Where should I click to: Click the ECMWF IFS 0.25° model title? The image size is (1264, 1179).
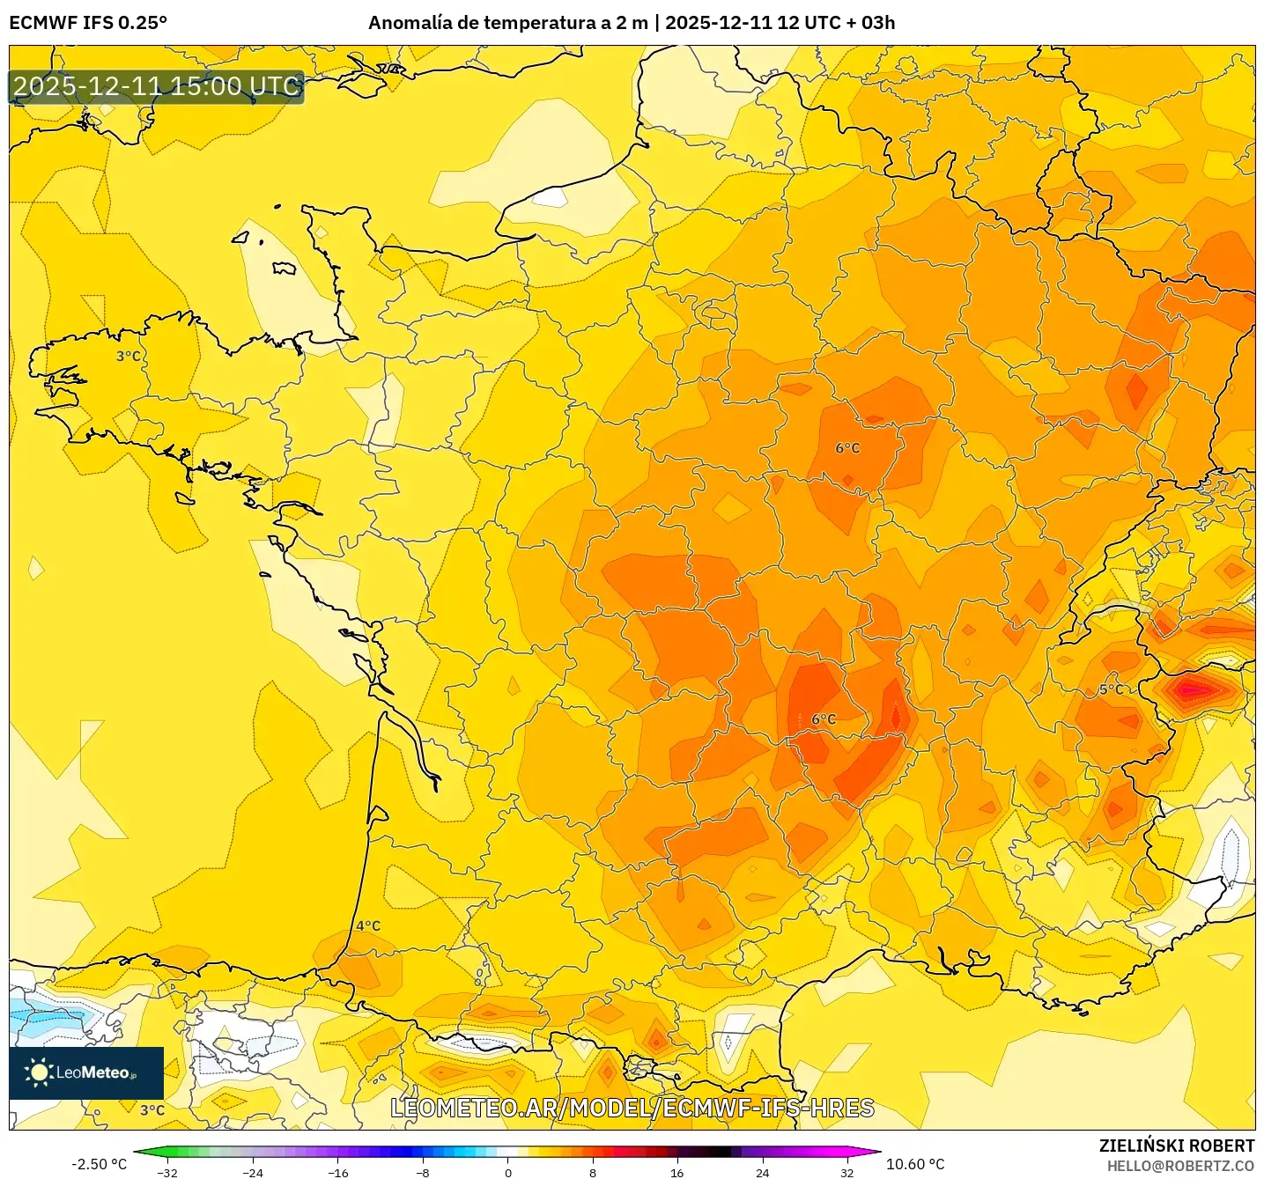(88, 23)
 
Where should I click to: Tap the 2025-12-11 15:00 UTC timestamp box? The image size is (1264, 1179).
(157, 87)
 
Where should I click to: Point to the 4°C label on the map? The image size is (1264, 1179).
(368, 925)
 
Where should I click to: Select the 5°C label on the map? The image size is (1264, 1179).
(1111, 689)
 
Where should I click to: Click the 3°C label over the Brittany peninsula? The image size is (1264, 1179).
(129, 356)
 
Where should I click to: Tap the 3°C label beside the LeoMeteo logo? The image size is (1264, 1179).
(152, 1110)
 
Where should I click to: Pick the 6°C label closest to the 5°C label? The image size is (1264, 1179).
(824, 719)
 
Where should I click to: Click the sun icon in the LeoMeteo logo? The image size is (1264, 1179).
(38, 1072)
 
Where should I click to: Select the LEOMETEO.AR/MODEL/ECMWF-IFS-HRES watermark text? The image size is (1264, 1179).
(632, 1108)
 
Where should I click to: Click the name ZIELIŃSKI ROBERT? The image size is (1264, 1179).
(1176, 1146)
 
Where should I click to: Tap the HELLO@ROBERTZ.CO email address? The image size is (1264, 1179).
(1180, 1166)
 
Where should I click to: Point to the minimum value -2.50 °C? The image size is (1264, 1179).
(99, 1164)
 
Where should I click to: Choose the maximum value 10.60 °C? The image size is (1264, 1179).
(915, 1164)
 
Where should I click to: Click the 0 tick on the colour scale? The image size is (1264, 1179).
(507, 1172)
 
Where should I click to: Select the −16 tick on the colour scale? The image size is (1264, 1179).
(337, 1172)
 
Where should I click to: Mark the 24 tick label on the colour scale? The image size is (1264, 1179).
(762, 1172)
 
